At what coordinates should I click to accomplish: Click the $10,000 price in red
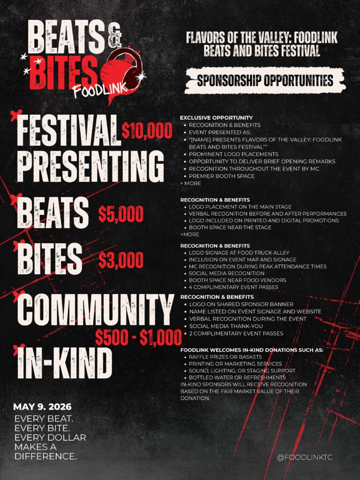click(x=147, y=131)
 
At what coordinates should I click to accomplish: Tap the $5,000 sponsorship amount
click(x=121, y=214)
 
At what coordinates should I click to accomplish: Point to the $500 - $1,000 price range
click(x=138, y=337)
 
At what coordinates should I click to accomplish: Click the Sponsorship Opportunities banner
click(x=265, y=80)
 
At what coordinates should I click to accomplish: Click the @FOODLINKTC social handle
click(x=305, y=457)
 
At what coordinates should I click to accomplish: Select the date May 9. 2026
click(x=43, y=406)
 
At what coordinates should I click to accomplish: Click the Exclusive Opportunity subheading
click(x=216, y=118)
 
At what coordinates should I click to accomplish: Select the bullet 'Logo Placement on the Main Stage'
click(x=240, y=207)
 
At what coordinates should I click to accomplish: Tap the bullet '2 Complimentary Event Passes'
click(x=236, y=333)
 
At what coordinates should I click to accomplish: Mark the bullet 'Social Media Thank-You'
click(x=227, y=326)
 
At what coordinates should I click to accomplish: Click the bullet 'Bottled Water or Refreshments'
click(x=237, y=377)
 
